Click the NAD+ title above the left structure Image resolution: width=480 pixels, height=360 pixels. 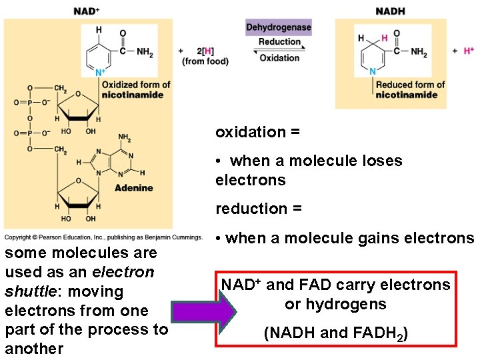(x=87, y=11)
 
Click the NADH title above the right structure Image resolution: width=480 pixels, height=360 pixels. (x=390, y=11)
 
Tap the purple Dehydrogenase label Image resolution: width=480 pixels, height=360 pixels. (x=279, y=27)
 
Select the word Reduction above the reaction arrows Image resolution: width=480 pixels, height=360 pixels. (x=279, y=41)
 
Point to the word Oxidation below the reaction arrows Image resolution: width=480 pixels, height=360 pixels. (x=279, y=58)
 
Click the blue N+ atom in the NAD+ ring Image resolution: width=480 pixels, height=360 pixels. (x=100, y=72)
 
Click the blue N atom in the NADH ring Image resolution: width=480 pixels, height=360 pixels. (x=373, y=71)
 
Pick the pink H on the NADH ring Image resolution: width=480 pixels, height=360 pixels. (x=385, y=38)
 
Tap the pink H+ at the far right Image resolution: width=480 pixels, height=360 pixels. (x=469, y=51)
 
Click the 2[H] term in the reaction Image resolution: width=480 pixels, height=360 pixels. (x=205, y=51)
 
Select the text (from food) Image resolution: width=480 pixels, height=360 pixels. (x=205, y=61)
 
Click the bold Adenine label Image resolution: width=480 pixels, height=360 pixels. (x=134, y=187)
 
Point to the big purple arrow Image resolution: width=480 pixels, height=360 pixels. (x=203, y=312)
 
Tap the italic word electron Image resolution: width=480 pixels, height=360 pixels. (x=123, y=272)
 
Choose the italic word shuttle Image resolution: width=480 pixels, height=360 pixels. (x=31, y=291)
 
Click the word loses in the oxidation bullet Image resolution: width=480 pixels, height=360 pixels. (x=382, y=161)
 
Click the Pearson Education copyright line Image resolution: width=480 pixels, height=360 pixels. (x=103, y=237)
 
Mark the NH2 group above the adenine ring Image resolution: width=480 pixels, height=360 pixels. (x=125, y=137)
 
